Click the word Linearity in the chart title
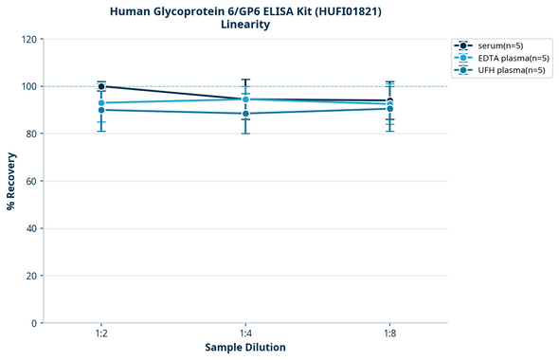click(x=244, y=25)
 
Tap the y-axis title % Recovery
click(x=11, y=180)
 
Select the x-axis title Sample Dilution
click(x=245, y=348)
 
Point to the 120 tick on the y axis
click(x=29, y=39)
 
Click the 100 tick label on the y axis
click(x=29, y=86)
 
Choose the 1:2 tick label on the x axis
click(x=101, y=333)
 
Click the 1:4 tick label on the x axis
click(x=245, y=333)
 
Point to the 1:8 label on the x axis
click(x=390, y=333)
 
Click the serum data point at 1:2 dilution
click(x=101, y=86)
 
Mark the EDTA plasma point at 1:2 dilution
click(x=101, y=102)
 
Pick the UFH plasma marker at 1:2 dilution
click(x=101, y=110)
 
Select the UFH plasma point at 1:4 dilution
click(x=245, y=114)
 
